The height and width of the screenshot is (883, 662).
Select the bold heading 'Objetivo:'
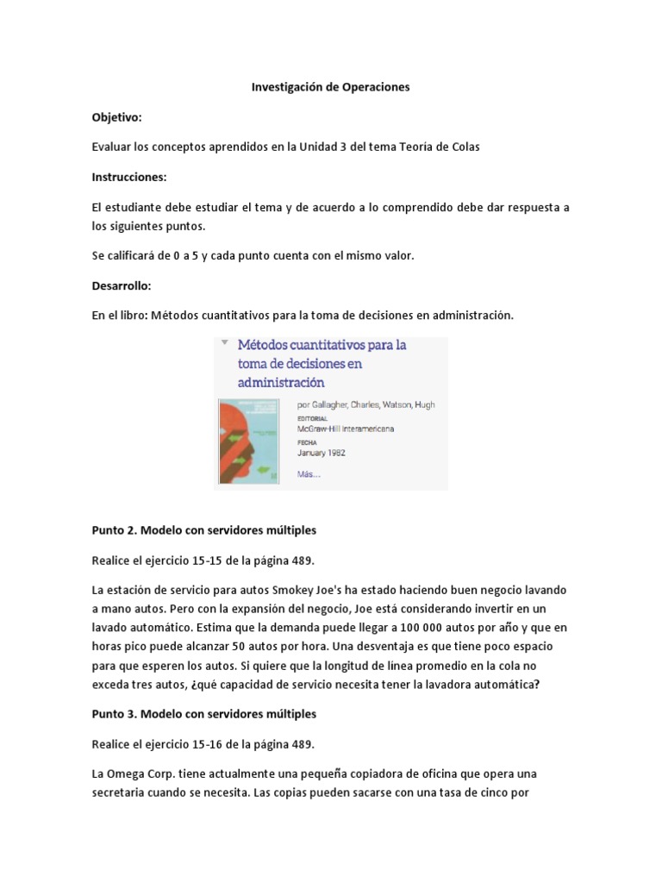pyautogui.click(x=117, y=116)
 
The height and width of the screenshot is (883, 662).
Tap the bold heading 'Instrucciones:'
pyautogui.click(x=129, y=177)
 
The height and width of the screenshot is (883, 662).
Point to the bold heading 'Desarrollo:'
pyautogui.click(x=122, y=285)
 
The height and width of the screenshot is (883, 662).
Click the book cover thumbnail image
pyautogui.click(x=249, y=440)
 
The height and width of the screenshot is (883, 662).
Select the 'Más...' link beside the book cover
pyautogui.click(x=309, y=473)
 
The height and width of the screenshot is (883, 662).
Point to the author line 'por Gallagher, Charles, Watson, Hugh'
pyautogui.click(x=365, y=404)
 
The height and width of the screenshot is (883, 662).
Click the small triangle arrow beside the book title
pyautogui.click(x=224, y=342)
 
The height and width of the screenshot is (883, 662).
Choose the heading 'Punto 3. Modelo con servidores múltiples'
pyautogui.click(x=204, y=714)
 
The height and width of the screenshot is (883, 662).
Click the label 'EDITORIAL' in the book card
pyautogui.click(x=312, y=418)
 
